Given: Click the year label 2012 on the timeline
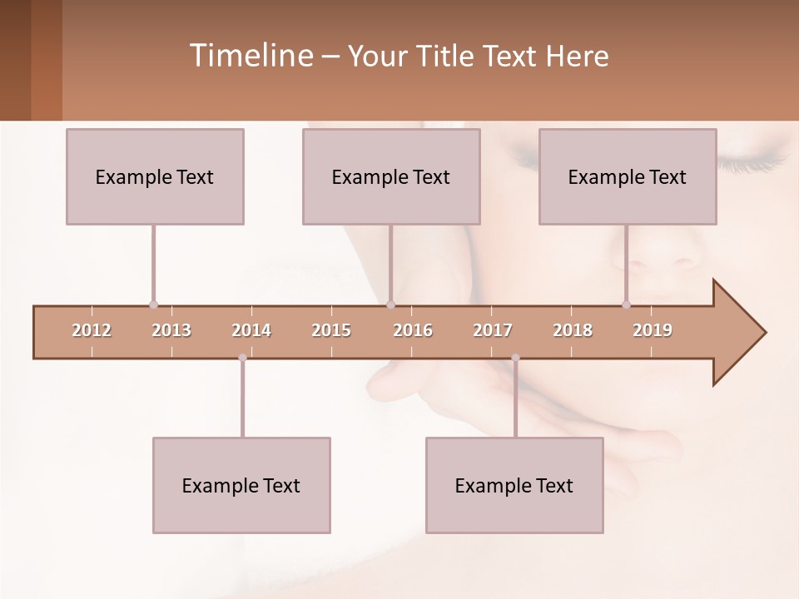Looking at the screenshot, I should (92, 330).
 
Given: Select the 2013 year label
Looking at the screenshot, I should (171, 330).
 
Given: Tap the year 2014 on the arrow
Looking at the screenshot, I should (251, 330).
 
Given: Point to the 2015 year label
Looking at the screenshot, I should (331, 330).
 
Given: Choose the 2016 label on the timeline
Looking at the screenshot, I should (413, 330).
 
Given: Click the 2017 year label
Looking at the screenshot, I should (493, 330).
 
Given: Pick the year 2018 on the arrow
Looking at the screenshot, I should (573, 330).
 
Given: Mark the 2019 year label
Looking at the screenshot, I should (653, 330).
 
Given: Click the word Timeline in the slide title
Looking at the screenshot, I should (250, 56).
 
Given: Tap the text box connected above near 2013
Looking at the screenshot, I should (155, 176).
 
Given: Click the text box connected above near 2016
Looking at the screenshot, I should (391, 176).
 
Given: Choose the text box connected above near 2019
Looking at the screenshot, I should (628, 176).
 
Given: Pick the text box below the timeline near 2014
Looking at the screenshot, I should (241, 485).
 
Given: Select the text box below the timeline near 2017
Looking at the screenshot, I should (514, 485).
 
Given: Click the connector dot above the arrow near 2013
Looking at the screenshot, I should (153, 305).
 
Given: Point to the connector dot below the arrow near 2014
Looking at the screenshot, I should (242, 358).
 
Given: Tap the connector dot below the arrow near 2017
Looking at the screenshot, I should (515, 358).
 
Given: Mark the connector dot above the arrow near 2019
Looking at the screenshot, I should (626, 305).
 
